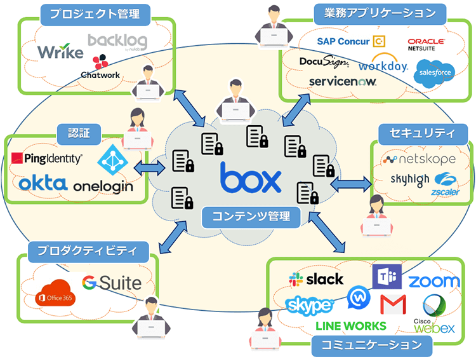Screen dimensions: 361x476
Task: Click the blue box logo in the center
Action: (x=251, y=180)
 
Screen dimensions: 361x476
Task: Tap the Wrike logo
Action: (x=60, y=51)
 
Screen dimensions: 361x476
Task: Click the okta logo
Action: (x=43, y=184)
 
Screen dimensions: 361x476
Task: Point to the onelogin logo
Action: (x=103, y=186)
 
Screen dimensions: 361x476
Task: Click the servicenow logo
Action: (x=343, y=81)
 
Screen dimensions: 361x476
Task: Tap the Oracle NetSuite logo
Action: (x=426, y=44)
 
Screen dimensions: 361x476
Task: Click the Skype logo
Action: (x=309, y=306)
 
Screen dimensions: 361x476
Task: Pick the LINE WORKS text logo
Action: (x=350, y=325)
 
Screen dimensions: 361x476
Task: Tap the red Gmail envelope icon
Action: (x=393, y=304)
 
